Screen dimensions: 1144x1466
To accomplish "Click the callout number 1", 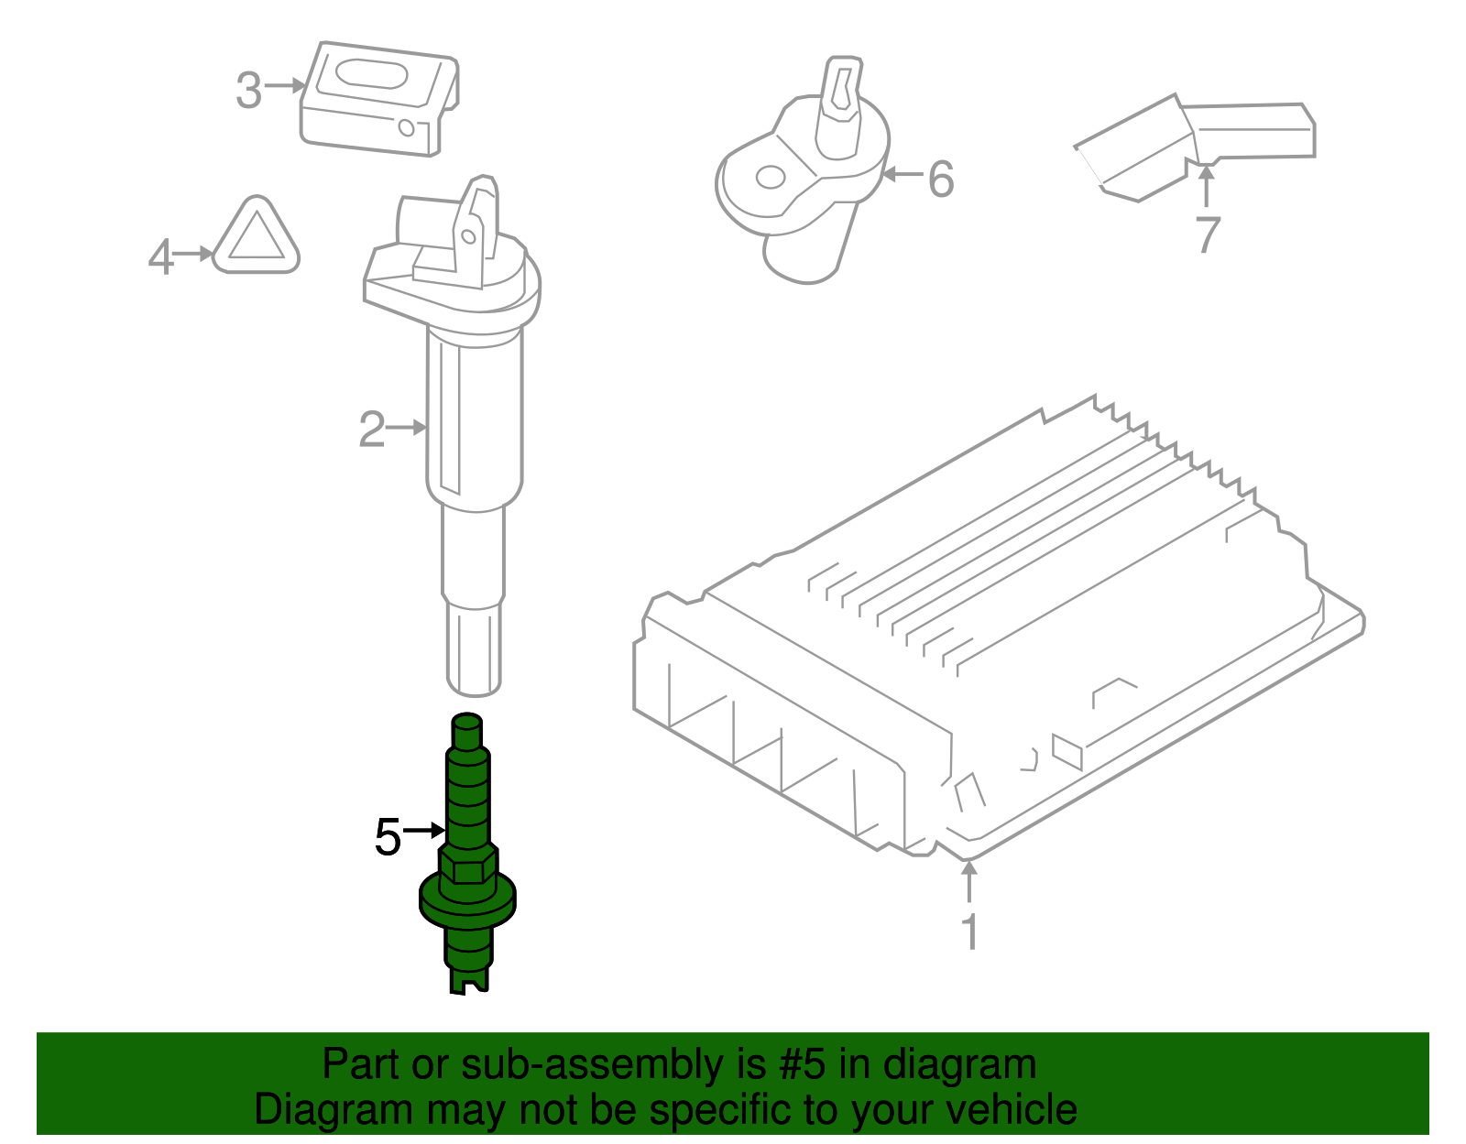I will click(969, 932).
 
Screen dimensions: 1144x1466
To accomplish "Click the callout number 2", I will click(372, 429).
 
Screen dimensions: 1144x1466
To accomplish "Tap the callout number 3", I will click(248, 91).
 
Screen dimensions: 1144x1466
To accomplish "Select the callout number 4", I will click(160, 256).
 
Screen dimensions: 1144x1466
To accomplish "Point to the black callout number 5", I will click(388, 837).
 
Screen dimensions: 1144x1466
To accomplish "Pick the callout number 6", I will click(941, 179).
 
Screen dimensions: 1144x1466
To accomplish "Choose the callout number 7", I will click(1208, 234).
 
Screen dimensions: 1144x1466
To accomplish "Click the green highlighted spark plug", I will click(467, 852).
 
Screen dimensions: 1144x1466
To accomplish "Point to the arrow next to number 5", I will click(424, 830).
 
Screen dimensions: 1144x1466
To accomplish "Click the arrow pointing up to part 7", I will click(1207, 188).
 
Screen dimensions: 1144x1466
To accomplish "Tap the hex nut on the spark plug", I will click(467, 866).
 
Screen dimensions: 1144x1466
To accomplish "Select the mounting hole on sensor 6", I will click(771, 177).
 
